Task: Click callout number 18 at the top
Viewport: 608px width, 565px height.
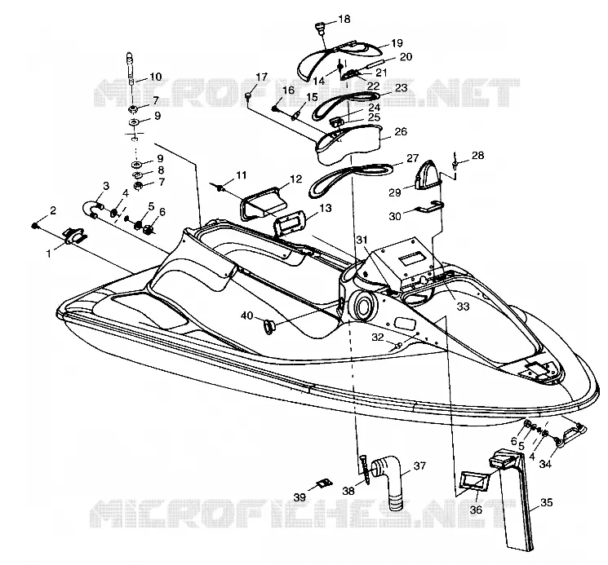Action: (x=344, y=19)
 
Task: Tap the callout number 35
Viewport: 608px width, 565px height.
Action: (x=546, y=503)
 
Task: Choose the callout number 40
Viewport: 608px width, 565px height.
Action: (x=246, y=316)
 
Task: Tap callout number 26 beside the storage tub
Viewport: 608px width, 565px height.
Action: (x=401, y=131)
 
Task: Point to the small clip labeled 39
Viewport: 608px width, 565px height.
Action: (x=324, y=483)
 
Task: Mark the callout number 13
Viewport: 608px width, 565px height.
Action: (x=326, y=208)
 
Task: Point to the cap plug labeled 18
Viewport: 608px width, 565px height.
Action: (x=320, y=29)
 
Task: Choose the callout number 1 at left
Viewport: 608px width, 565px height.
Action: (x=49, y=254)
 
